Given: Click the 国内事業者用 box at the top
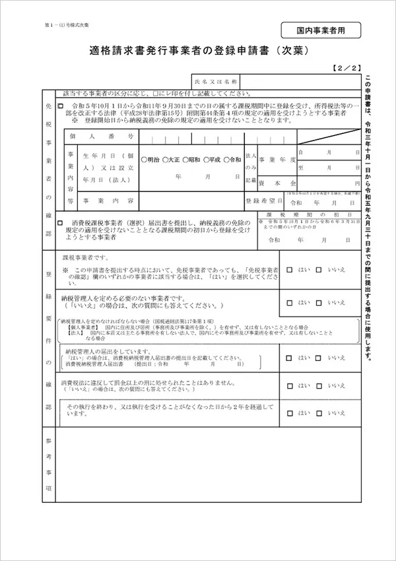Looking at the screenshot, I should point(320,31).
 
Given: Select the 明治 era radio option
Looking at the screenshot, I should point(144,160).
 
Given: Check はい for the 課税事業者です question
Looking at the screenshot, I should point(292,269).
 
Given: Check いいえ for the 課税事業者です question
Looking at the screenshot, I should point(319,269).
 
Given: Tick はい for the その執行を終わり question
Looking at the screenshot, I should point(292,412).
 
